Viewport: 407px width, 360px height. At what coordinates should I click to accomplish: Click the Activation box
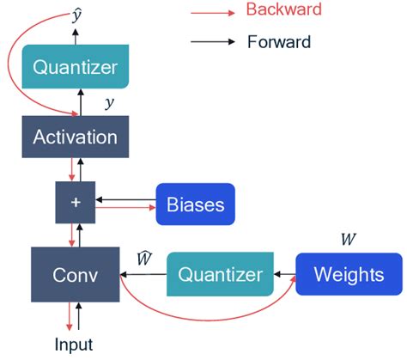(75, 136)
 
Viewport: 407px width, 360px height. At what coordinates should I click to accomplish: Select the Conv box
(75, 275)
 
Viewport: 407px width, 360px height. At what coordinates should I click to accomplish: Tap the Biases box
(195, 204)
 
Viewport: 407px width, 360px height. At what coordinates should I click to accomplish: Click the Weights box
(349, 274)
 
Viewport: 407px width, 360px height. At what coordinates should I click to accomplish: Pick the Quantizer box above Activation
(75, 66)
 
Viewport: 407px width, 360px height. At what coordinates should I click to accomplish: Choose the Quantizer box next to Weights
(220, 274)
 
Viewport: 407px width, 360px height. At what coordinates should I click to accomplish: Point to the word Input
(73, 345)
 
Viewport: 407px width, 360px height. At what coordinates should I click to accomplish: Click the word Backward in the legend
(283, 10)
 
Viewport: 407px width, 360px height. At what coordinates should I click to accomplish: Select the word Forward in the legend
(278, 41)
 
